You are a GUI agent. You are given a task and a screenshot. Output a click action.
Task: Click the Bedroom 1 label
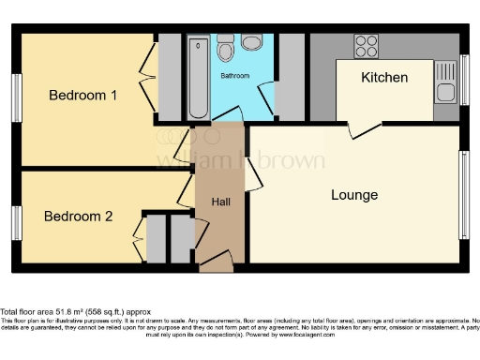point(82,96)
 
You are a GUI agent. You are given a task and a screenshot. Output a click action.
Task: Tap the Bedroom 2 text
point(79,216)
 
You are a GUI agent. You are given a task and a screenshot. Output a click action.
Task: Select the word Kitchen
point(384,77)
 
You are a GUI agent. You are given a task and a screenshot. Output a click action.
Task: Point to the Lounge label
point(354,195)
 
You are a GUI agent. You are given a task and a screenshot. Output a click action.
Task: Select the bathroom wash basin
point(251,42)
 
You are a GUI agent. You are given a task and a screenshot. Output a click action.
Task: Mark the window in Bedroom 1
point(16,97)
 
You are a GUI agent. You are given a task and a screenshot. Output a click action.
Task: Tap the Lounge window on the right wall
point(464,194)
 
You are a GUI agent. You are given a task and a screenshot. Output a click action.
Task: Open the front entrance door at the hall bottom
point(217,265)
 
